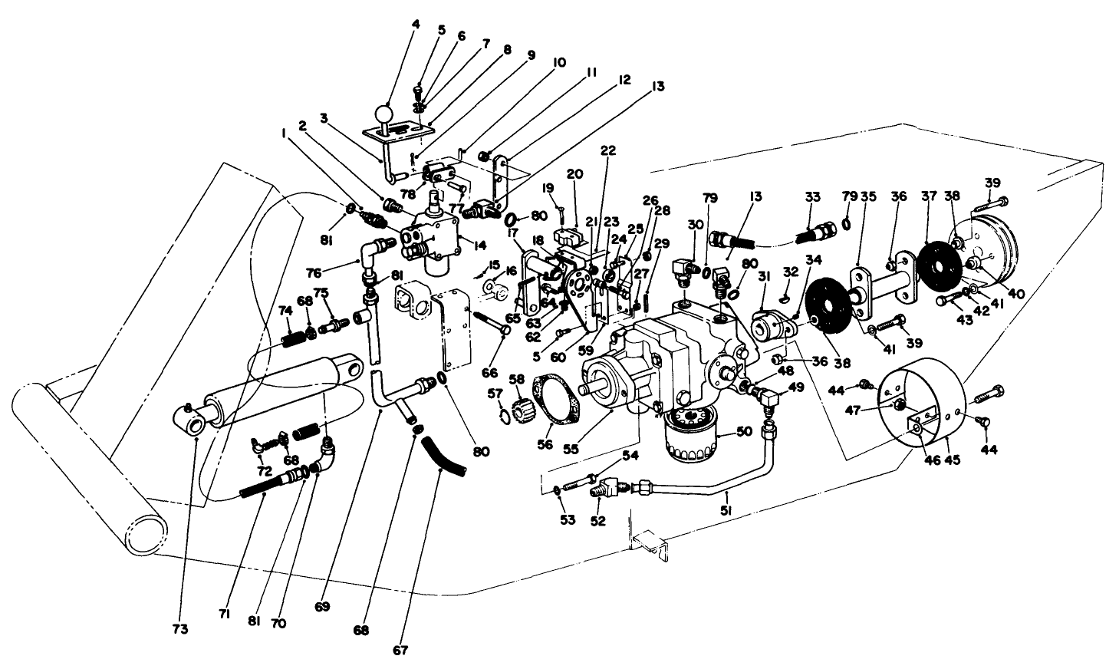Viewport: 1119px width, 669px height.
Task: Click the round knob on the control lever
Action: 383,115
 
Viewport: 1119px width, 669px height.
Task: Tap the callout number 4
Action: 415,24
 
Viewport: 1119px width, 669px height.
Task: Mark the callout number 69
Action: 322,606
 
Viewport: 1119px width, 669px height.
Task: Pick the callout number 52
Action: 597,521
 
